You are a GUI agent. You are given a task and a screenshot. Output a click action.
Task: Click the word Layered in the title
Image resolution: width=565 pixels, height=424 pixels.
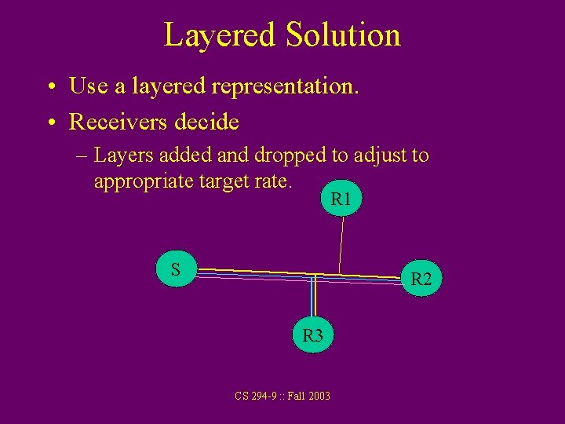220,35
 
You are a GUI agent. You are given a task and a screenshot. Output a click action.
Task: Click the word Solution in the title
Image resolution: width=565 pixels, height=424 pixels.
343,35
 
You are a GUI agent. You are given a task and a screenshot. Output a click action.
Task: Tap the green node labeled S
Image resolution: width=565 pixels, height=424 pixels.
176,269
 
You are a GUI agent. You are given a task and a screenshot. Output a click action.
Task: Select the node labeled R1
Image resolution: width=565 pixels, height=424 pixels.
341,199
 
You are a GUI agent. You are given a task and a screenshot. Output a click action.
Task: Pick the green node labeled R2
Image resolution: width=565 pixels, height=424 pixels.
421,279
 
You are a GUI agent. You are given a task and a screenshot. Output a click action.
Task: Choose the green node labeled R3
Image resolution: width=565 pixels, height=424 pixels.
313,335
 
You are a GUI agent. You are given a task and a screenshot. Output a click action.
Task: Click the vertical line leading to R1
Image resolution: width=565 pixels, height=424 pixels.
341,243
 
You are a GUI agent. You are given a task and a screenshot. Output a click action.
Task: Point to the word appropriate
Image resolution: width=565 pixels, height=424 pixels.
141,181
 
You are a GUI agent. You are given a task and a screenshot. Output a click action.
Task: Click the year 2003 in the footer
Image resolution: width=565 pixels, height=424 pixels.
318,396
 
